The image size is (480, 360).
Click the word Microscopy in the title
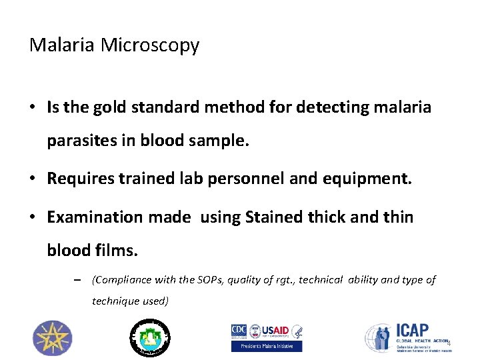click(x=150, y=45)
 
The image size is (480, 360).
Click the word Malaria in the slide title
click(x=63, y=45)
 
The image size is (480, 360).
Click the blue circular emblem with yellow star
click(x=52, y=337)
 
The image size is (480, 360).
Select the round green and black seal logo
click(x=149, y=337)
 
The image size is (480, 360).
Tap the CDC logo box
click(x=239, y=331)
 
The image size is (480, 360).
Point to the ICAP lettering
click(x=413, y=330)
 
